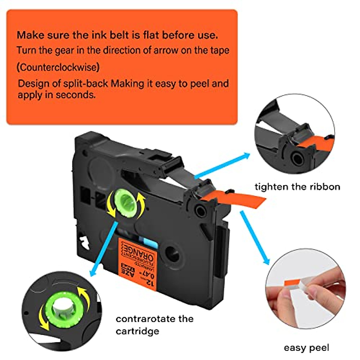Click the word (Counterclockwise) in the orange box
click(58, 67)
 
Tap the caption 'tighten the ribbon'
click(297, 187)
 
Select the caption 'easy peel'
click(306, 348)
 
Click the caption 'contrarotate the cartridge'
click(154, 325)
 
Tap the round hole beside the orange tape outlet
click(200, 210)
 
